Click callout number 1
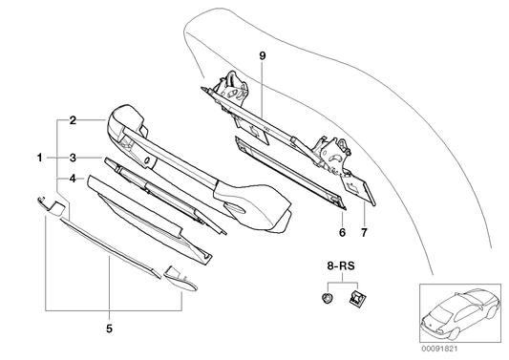click(x=40, y=156)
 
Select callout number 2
click(x=73, y=120)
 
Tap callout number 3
click(x=73, y=156)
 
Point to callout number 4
click(x=73, y=179)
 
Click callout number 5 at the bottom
click(x=108, y=329)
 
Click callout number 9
click(x=261, y=56)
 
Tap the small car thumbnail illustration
click(x=456, y=314)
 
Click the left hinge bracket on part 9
click(x=230, y=90)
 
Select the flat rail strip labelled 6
click(x=286, y=172)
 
